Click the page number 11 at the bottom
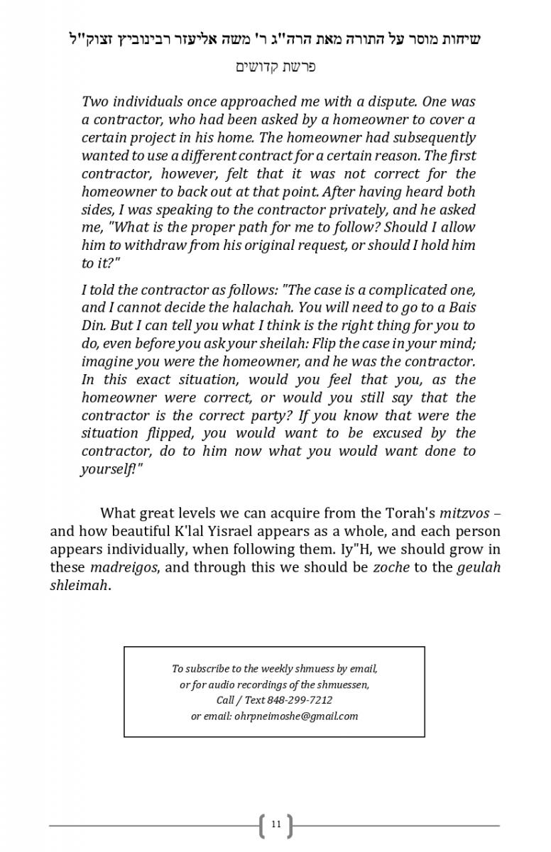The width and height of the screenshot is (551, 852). pos(275,824)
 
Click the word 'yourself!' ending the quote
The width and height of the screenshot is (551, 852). pos(108,469)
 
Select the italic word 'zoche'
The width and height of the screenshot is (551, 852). pos(391,567)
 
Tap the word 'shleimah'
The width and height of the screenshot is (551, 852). pos(79,586)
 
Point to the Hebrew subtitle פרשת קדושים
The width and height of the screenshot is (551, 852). pos(275,67)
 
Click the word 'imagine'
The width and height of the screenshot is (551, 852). pos(107,361)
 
